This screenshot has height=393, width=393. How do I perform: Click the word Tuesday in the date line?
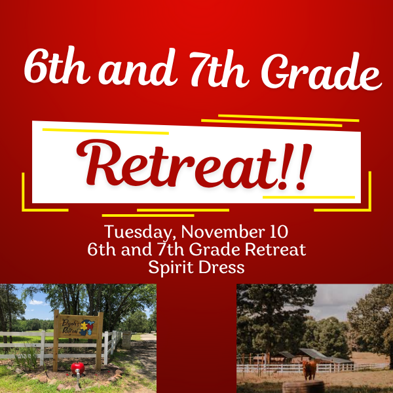click(x=137, y=233)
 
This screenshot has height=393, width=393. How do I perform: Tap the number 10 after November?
click(x=278, y=233)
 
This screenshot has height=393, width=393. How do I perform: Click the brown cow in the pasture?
click(x=310, y=369)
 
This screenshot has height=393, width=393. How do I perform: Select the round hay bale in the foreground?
click(x=303, y=387)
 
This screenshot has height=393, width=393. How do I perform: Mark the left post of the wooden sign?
click(x=56, y=344)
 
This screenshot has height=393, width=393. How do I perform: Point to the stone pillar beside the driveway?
click(x=126, y=339)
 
